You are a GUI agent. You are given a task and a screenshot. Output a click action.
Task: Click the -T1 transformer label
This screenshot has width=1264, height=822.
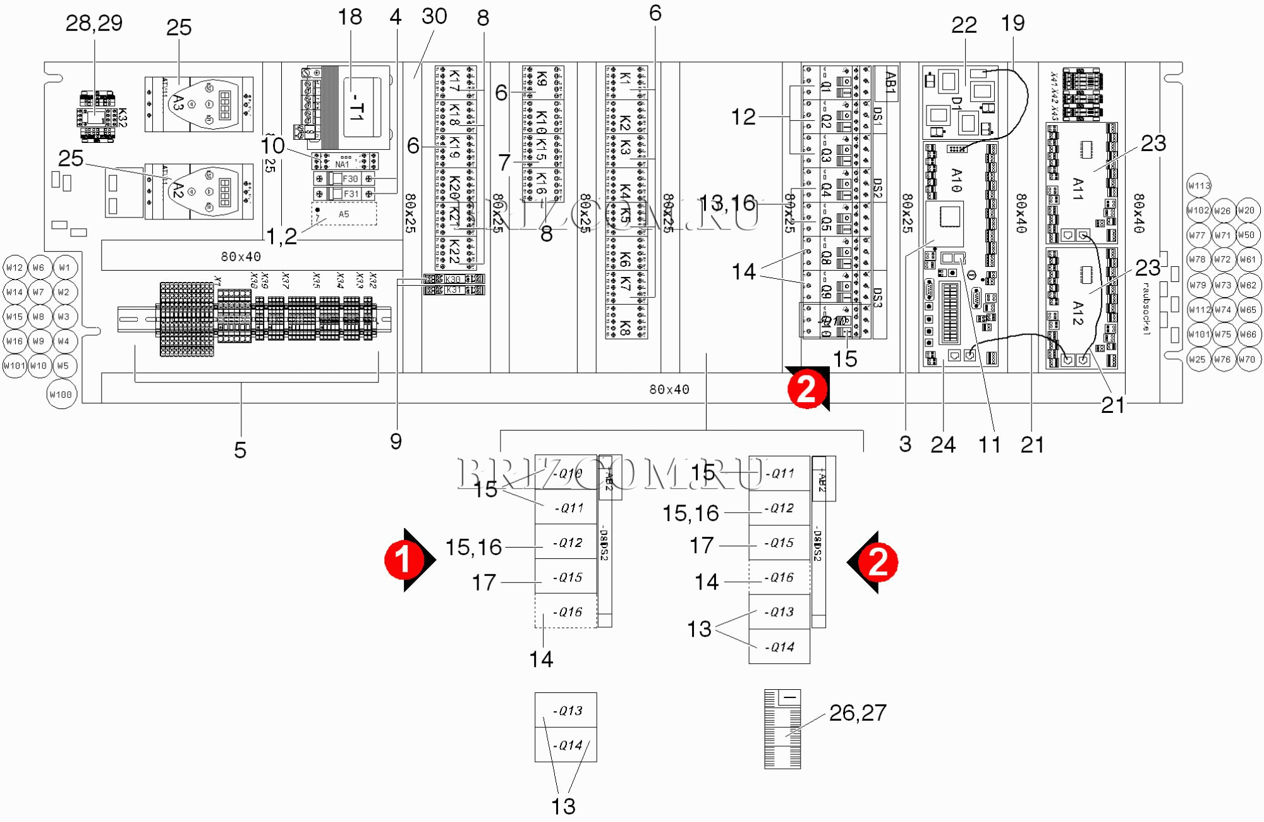pyautogui.click(x=358, y=107)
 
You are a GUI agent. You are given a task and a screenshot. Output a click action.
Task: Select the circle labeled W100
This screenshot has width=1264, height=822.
pyautogui.click(x=61, y=395)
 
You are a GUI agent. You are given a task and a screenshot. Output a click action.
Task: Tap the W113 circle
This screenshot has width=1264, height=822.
pyautogui.click(x=1199, y=186)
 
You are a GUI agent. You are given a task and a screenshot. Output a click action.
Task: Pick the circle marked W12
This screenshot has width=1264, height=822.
pyautogui.click(x=15, y=267)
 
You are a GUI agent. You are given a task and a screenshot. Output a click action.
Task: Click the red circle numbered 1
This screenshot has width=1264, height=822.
pyautogui.click(x=404, y=560)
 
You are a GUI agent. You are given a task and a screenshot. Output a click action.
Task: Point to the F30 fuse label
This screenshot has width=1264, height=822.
pyautogui.click(x=350, y=179)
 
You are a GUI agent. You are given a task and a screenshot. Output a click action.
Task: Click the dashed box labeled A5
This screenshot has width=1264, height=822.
pyautogui.click(x=344, y=214)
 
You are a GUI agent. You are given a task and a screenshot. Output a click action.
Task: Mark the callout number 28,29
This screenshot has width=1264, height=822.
pyautogui.click(x=94, y=23)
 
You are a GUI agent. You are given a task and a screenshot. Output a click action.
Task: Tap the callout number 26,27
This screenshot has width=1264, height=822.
pyautogui.click(x=858, y=713)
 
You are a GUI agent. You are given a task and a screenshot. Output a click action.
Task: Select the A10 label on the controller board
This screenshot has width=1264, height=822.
pyautogui.click(x=957, y=180)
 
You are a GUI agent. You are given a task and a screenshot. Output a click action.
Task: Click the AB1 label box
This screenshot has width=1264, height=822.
pyautogui.click(x=890, y=83)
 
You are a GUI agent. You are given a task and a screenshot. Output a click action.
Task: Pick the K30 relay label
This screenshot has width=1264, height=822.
pyautogui.click(x=453, y=279)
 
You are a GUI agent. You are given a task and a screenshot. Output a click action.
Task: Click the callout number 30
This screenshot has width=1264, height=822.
pyautogui.click(x=434, y=16)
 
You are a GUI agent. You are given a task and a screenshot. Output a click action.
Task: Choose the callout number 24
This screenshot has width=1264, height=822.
pyautogui.click(x=943, y=445)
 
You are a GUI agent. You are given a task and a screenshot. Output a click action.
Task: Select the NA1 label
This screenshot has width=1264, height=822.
pyautogui.click(x=342, y=164)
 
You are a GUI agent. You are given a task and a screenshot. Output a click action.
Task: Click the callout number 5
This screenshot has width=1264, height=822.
pyautogui.click(x=240, y=450)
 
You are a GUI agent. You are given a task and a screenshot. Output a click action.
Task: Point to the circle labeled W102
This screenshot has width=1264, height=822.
pyautogui.click(x=1198, y=211)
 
